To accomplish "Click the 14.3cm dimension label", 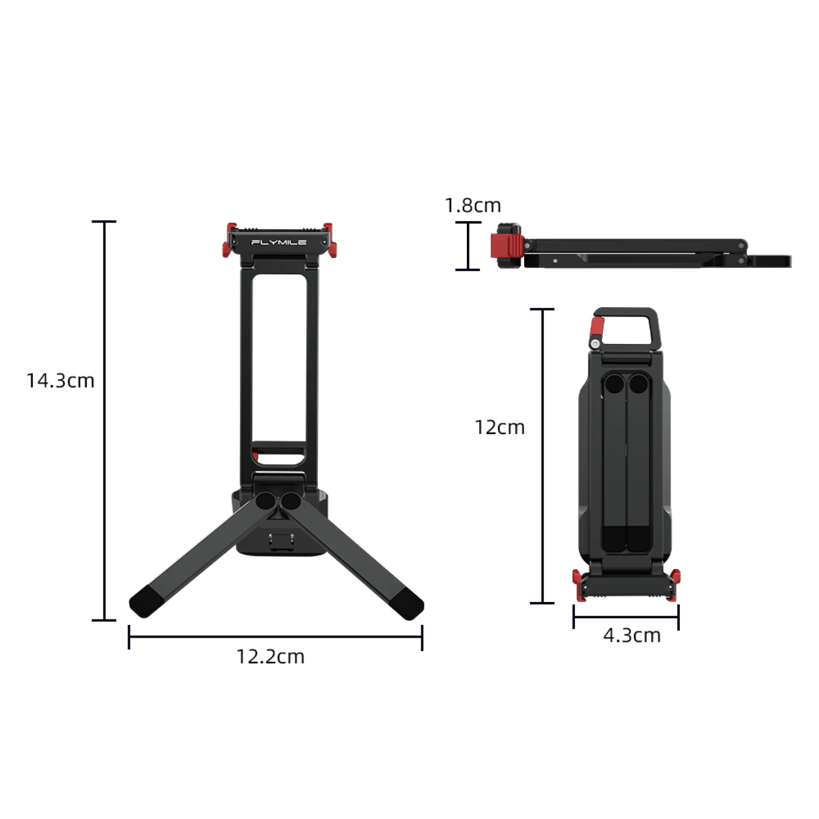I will point(60,381).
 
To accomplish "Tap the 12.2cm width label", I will point(270,657).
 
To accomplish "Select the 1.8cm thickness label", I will point(472,206).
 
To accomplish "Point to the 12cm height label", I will point(500,427).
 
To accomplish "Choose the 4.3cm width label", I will point(632,636).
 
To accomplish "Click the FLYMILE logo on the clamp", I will point(279,243).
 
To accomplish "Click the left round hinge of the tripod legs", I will point(266,501).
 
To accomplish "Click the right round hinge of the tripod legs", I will point(290,501).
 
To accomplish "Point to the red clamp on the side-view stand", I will point(506,246).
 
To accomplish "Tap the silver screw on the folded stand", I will point(595,343).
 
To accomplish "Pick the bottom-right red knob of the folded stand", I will point(675,584).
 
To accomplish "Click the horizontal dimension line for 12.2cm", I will point(275,637).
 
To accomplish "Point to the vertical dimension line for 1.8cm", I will point(468,246).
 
